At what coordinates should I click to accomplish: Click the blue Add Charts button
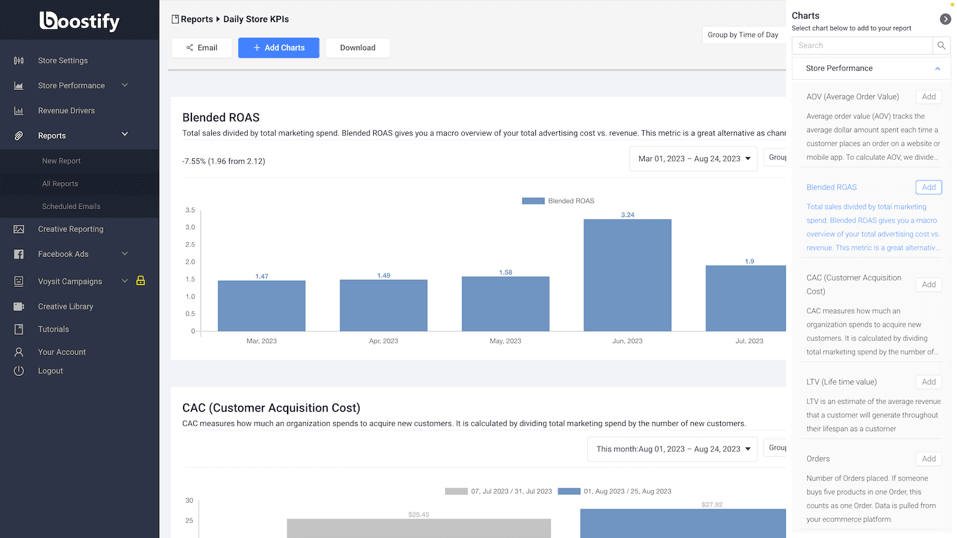coord(278,48)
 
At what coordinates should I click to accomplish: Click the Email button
coord(202,48)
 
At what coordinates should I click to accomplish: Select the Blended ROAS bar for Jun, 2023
coord(627,275)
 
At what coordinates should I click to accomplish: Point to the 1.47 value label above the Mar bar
coord(261,276)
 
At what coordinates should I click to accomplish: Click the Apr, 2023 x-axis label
coord(383,341)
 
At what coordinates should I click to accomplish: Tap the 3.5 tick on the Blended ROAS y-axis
coord(190,210)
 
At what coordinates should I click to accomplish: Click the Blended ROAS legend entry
coord(558,201)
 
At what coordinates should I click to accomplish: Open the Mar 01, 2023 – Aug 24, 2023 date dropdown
coord(693,158)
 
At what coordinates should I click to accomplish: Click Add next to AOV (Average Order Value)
coord(928,97)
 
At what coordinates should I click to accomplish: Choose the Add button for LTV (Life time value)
coord(928,382)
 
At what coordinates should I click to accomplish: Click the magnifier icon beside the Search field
coord(941,45)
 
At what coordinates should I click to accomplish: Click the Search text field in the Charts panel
coord(861,45)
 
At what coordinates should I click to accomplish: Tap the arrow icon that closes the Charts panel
coord(945,19)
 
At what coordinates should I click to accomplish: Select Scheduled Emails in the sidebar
coord(71,206)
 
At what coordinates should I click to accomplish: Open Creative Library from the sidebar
coord(65,307)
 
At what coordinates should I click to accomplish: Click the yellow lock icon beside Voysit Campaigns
coord(141,280)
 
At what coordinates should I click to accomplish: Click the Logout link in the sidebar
coord(50,371)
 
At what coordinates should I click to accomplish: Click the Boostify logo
coord(80,21)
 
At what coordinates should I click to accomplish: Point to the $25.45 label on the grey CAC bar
coord(419,514)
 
